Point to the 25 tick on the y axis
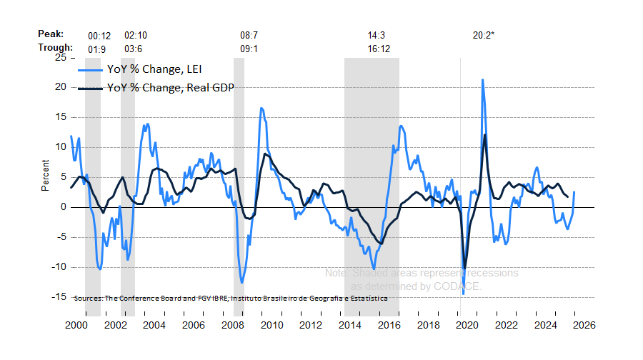pos(61,57)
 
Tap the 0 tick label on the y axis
pos(64,207)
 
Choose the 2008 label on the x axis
pos(233,324)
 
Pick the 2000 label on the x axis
pos(76,324)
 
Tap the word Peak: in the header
pos(51,34)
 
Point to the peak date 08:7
pos(249,34)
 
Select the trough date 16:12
pos(379,48)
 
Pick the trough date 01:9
pos(97,48)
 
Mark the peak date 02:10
pos(136,34)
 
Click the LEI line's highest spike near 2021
pos(483,80)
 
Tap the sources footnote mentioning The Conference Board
pos(230,297)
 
